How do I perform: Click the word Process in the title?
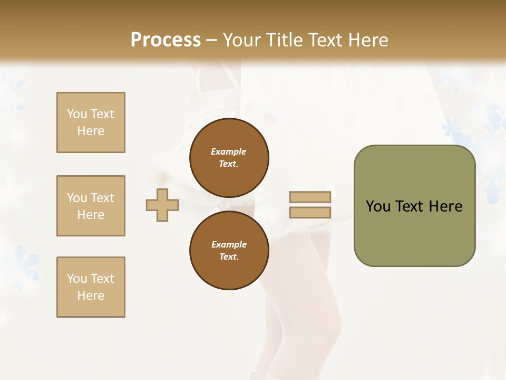coord(166,40)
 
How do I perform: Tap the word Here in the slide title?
coord(367,40)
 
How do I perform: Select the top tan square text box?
coord(91,122)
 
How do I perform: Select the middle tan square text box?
coord(91,206)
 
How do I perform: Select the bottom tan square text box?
coord(91,287)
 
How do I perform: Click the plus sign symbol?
coord(162,205)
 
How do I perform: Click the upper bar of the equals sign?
coord(310,197)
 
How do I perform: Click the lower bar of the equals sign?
coord(310,212)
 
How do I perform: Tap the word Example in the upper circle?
coord(229,151)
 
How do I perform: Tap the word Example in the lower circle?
coord(229,244)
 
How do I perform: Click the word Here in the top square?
coord(91,131)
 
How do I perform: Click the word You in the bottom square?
coord(77,279)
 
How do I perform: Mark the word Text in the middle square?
coord(102,198)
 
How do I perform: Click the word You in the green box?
coord(378,206)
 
